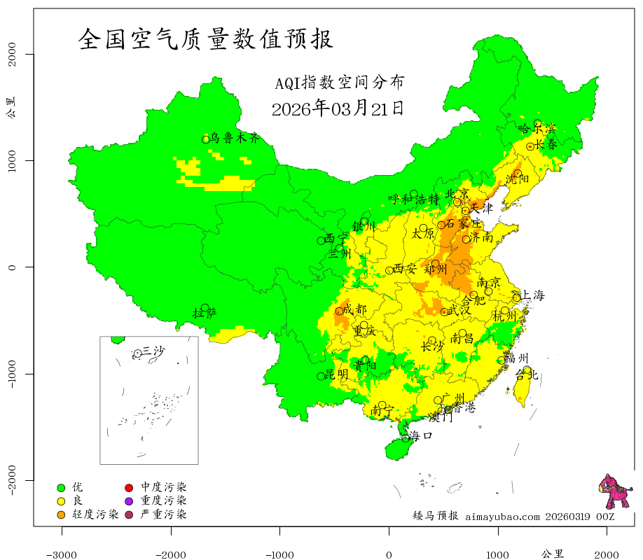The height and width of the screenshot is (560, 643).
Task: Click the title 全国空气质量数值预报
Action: (x=206, y=39)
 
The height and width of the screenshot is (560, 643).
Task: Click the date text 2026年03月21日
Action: (x=337, y=108)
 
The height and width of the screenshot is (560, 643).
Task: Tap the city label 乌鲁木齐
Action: (x=235, y=139)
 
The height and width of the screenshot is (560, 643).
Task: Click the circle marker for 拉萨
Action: (x=205, y=308)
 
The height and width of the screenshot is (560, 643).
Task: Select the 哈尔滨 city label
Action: (x=537, y=129)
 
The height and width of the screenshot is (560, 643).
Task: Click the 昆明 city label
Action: (x=336, y=375)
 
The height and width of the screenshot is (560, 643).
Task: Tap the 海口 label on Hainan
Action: (x=421, y=436)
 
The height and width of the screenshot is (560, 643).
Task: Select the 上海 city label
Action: (x=533, y=295)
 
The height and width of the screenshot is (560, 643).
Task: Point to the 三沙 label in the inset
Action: (x=153, y=351)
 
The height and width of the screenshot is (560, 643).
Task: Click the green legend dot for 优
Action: (x=61, y=487)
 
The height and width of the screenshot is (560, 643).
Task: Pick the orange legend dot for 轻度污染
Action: (x=61, y=515)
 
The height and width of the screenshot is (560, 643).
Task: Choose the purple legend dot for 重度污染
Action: (x=129, y=501)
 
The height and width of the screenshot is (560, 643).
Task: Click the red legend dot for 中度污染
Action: (x=129, y=487)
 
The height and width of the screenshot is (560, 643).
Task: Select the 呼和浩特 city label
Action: (x=414, y=199)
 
